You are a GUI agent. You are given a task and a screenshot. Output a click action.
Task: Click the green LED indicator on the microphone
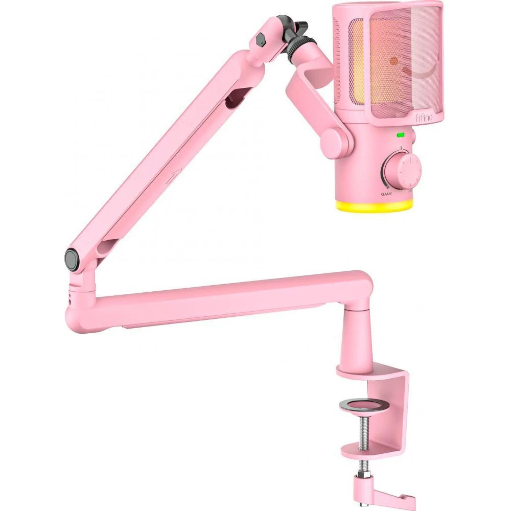point(401,135)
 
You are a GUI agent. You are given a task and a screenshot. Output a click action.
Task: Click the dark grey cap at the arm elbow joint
point(72,260)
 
